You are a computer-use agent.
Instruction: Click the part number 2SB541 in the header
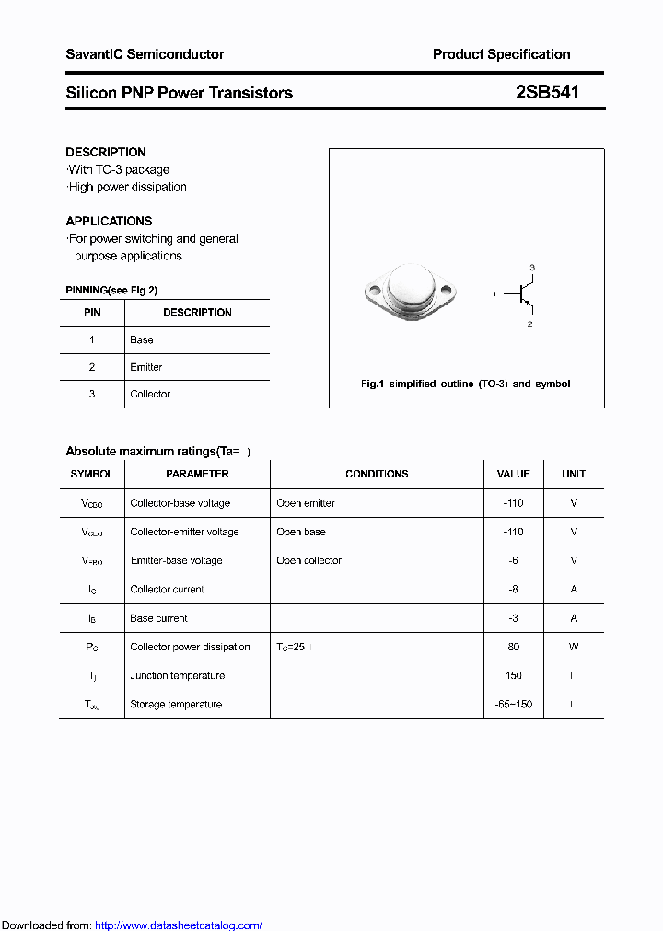tap(547, 93)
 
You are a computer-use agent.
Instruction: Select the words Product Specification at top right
tap(501, 54)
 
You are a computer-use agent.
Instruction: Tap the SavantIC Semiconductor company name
tap(145, 54)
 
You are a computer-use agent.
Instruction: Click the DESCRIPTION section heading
tap(106, 152)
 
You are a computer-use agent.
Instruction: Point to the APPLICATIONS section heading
tap(109, 221)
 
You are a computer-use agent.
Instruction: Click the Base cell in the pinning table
tap(142, 339)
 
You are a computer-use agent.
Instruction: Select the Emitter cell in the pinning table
tap(146, 367)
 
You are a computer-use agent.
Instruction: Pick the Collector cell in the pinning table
tap(150, 394)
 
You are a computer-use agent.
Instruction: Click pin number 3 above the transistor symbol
tap(531, 267)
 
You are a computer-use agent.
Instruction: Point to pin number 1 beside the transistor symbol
tap(494, 294)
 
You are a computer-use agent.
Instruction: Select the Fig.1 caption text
tap(465, 384)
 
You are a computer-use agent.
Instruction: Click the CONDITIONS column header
tap(377, 474)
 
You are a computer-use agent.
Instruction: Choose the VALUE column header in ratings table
tap(513, 474)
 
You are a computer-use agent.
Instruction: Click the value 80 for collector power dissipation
tap(513, 647)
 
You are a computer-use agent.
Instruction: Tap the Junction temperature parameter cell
tap(177, 675)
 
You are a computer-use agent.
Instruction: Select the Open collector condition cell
tap(308, 560)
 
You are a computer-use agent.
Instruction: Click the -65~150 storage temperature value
tap(513, 704)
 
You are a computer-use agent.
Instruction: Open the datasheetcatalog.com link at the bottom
tap(179, 925)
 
